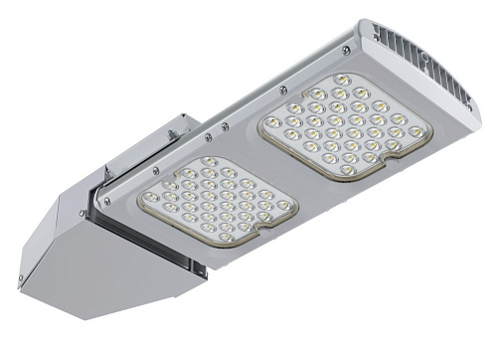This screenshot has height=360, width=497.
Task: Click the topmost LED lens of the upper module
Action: tap(339, 79)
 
